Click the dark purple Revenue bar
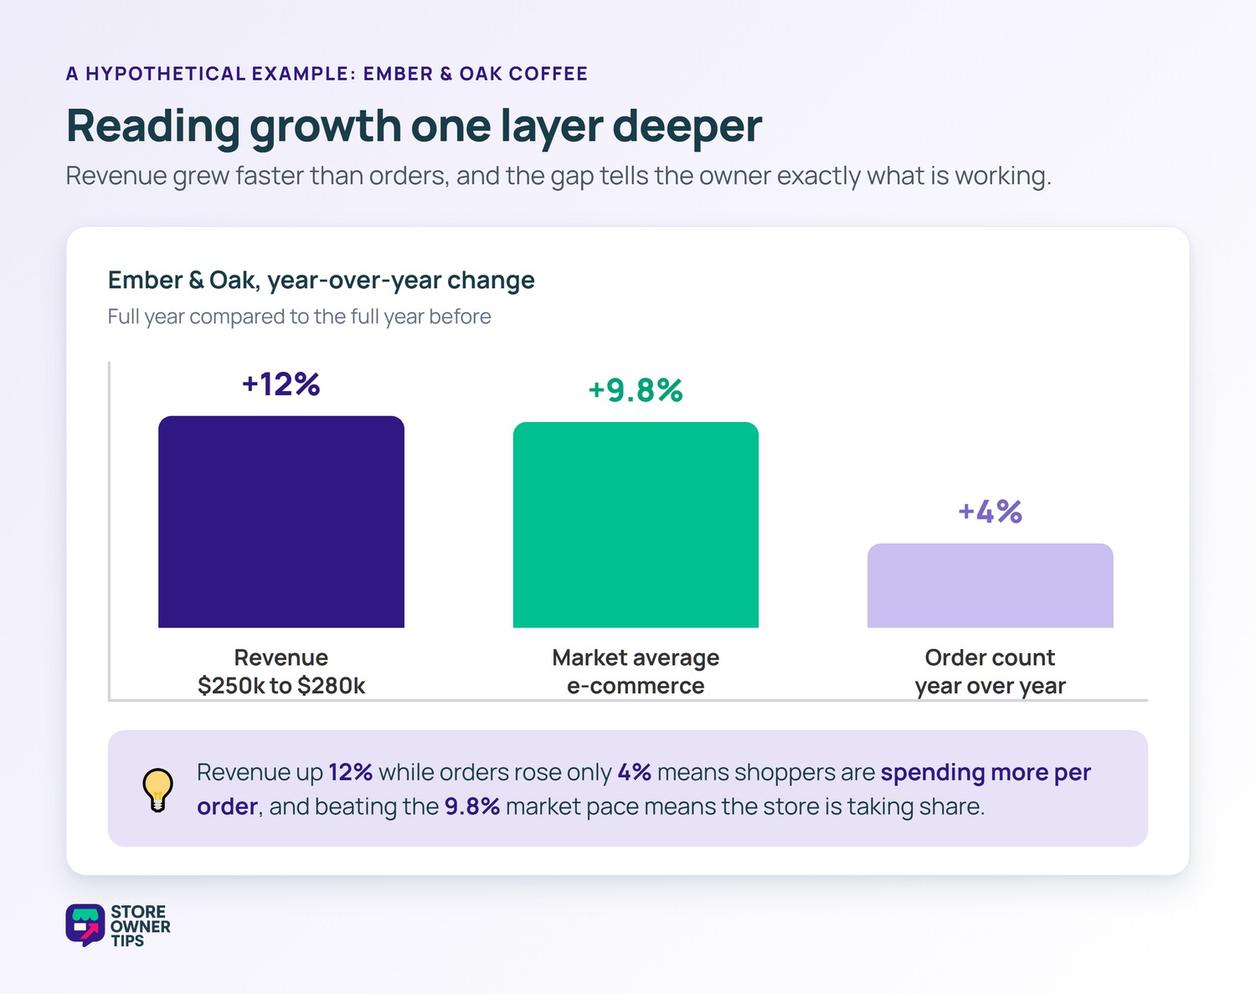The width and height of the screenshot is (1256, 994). pyautogui.click(x=281, y=522)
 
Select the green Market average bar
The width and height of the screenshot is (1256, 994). pyautogui.click(x=636, y=525)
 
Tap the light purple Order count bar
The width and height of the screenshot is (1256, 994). pyautogui.click(x=990, y=585)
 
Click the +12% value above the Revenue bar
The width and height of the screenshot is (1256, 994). pyautogui.click(x=281, y=384)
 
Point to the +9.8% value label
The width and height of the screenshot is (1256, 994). pyautogui.click(x=635, y=390)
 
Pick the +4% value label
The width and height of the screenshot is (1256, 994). pyautogui.click(x=990, y=512)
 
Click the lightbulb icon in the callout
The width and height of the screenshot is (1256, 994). pyautogui.click(x=157, y=790)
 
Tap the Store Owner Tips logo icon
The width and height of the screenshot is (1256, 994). pyautogui.click(x=85, y=925)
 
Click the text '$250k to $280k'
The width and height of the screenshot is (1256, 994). pyautogui.click(x=281, y=685)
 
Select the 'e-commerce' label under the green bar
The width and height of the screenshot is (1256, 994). pyautogui.click(x=636, y=685)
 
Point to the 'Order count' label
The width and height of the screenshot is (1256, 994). pyautogui.click(x=990, y=658)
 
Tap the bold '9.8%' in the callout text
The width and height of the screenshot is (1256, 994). pyautogui.click(x=472, y=806)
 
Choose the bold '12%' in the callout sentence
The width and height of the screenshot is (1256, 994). pyautogui.click(x=350, y=772)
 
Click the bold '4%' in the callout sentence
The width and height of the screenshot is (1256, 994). pyautogui.click(x=635, y=772)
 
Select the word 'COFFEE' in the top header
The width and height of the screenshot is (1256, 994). pyautogui.click(x=548, y=74)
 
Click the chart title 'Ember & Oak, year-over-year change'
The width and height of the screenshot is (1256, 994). pyautogui.click(x=321, y=281)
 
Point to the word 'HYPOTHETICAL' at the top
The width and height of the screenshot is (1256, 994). pyautogui.click(x=166, y=74)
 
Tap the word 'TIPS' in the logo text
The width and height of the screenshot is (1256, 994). pyautogui.click(x=127, y=941)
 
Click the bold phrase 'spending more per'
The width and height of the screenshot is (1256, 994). pyautogui.click(x=986, y=772)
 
